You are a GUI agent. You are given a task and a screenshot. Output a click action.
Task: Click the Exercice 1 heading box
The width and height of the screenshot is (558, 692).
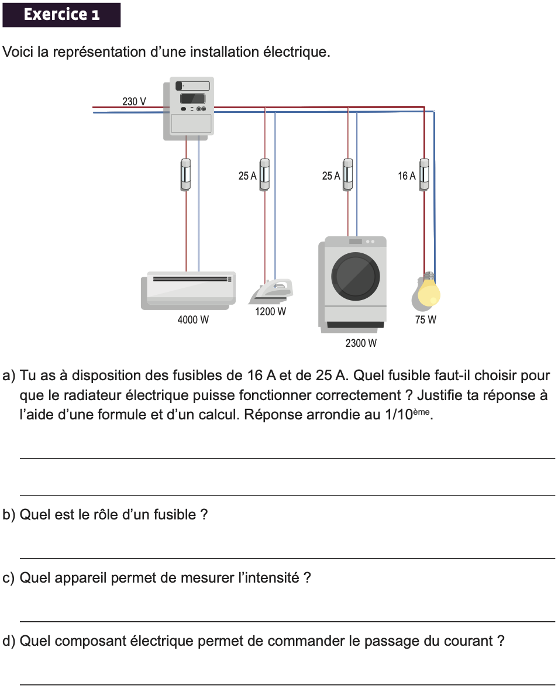[x=61, y=15]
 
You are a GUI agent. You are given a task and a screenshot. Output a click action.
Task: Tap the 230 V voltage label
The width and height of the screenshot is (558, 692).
[x=134, y=101]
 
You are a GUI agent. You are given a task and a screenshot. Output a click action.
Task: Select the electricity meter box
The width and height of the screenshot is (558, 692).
[x=188, y=109]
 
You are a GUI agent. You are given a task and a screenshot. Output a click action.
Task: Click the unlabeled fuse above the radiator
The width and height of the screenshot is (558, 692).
[x=186, y=174]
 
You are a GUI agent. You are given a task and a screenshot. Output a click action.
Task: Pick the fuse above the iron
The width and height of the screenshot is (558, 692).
[x=264, y=174]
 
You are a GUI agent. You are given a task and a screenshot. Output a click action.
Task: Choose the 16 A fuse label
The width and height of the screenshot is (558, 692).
[x=407, y=175]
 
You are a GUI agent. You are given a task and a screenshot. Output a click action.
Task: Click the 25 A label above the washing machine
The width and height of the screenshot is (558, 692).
[x=330, y=175]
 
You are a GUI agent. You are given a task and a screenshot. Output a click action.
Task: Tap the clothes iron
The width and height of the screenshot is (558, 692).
[x=272, y=290]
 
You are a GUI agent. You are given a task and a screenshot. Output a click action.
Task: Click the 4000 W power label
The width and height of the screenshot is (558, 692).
[x=193, y=320]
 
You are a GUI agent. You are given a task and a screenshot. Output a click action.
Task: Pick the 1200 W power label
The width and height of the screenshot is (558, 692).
[x=270, y=312]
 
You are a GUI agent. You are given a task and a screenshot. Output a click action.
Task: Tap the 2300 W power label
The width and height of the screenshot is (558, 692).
[x=361, y=343]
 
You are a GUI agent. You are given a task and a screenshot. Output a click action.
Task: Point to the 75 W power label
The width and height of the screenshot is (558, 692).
[x=426, y=320]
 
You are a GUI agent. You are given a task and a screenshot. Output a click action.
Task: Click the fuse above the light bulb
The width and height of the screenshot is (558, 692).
[x=424, y=174]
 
